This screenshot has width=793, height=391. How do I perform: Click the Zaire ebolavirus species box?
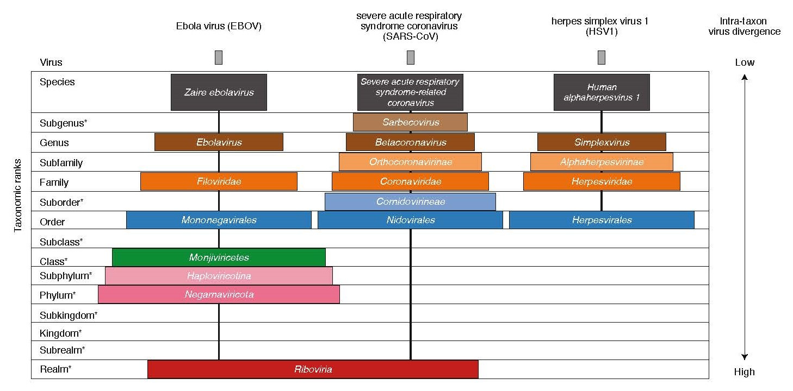pyautogui.click(x=219, y=92)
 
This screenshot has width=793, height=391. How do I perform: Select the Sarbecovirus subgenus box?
pyautogui.click(x=410, y=122)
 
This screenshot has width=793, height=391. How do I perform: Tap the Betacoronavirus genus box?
pyautogui.click(x=410, y=142)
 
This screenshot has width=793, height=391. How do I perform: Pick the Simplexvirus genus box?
pyautogui.click(x=602, y=142)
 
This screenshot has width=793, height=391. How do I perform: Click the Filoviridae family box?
pyautogui.click(x=219, y=181)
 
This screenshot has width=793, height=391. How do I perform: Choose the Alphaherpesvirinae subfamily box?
pyautogui.click(x=602, y=162)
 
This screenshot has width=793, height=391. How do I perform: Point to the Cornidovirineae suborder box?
pyautogui.click(x=410, y=201)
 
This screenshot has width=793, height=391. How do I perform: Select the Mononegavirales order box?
pyautogui.click(x=219, y=220)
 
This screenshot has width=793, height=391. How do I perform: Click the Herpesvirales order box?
pyautogui.click(x=602, y=220)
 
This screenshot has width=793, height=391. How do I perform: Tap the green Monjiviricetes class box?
pyautogui.click(x=219, y=257)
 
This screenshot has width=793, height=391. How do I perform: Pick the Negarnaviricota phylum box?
pyautogui.click(x=219, y=294)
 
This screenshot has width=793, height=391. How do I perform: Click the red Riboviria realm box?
pyautogui.click(x=313, y=369)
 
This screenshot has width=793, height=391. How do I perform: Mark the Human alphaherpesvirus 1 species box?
pyautogui.click(x=602, y=92)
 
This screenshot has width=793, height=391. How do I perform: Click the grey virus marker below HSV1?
pyautogui.click(x=602, y=57)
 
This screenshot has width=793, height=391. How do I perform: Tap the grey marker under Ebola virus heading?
pyautogui.click(x=219, y=57)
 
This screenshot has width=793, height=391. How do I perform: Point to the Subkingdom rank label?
pyautogui.click(x=68, y=315)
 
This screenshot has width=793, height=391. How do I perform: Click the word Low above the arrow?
pyautogui.click(x=745, y=62)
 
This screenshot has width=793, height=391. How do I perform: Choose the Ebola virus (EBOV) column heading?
pyautogui.click(x=219, y=26)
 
